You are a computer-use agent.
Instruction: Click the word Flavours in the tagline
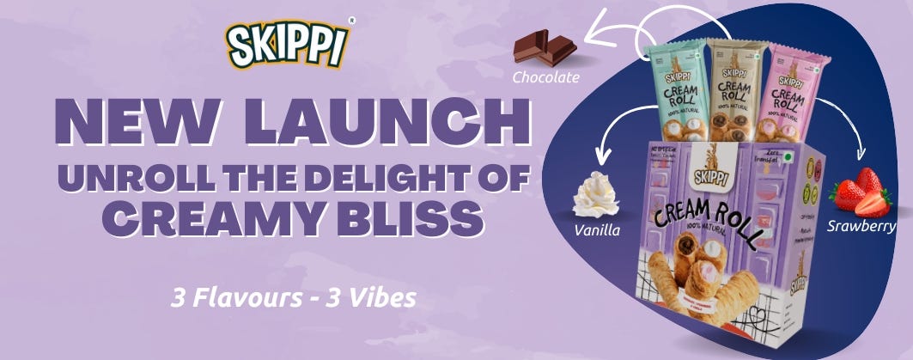pos(247,298)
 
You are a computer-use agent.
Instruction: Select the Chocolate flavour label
pos(546,77)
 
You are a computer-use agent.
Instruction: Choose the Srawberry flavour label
pos(861,227)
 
